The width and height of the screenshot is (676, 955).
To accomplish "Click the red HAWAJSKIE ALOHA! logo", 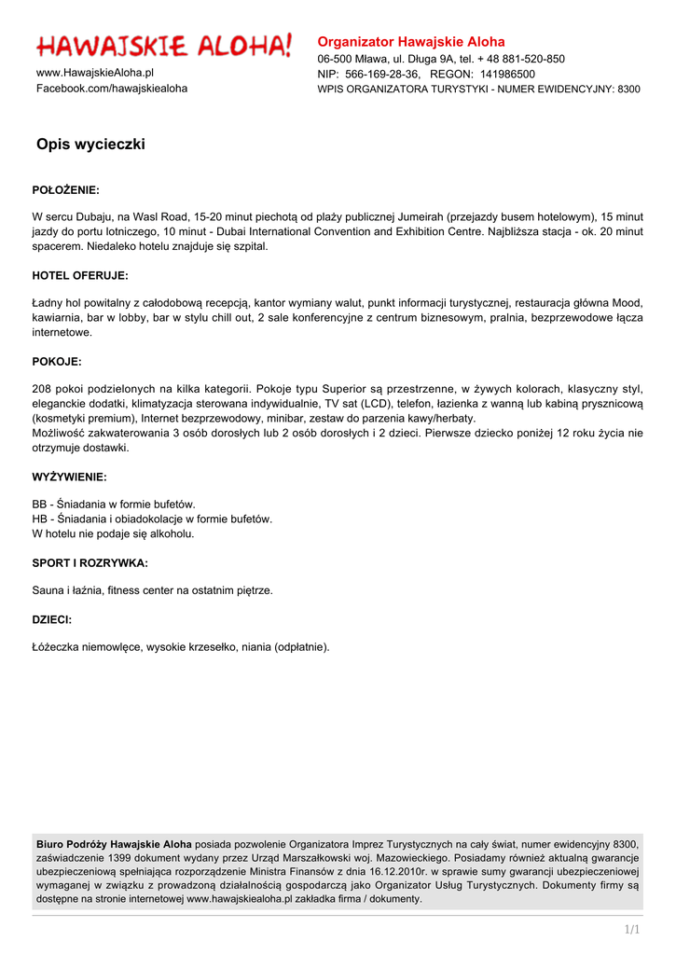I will (164, 44).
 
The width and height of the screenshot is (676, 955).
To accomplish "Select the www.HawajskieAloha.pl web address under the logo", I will (95, 72).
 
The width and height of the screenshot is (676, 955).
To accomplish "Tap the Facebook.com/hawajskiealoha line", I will (112, 88).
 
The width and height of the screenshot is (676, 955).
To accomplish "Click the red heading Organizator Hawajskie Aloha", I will (411, 42).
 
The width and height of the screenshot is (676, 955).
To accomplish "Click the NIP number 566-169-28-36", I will (382, 74).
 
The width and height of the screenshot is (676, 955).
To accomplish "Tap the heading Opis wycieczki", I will (90, 145).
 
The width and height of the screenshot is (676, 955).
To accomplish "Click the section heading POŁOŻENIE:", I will (65, 189).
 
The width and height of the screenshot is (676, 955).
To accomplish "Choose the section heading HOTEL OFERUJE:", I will (80, 275).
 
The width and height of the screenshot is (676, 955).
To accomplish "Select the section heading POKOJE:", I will (57, 361).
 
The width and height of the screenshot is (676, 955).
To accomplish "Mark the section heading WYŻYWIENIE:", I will (70, 477).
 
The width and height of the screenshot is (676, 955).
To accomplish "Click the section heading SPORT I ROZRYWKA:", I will (90, 562).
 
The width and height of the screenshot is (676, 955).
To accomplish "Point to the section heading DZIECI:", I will (52, 619).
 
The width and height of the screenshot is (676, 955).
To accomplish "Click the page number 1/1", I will (632, 929).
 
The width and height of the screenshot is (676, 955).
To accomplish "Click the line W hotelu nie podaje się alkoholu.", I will (114, 534).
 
